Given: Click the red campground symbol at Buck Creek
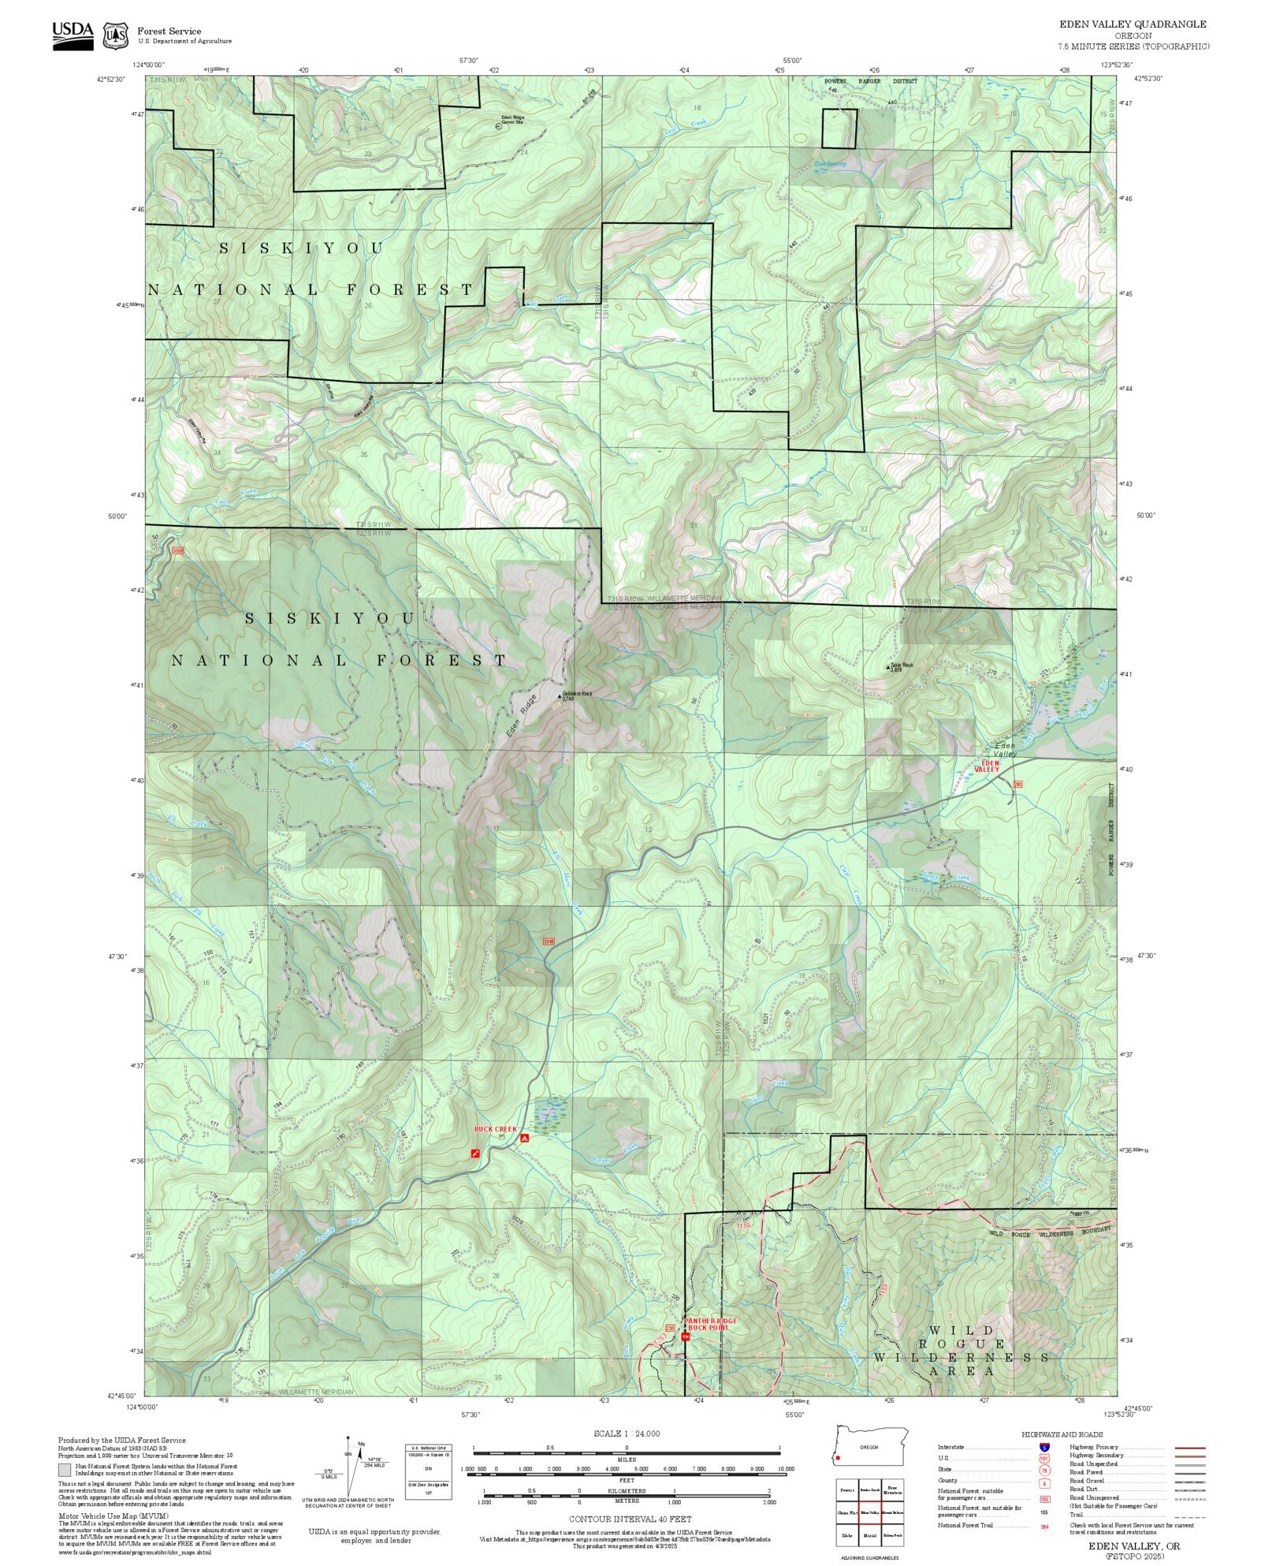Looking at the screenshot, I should [524, 1139].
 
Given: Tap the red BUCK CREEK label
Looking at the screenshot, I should [495, 1129].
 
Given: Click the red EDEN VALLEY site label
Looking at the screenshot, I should [987, 766].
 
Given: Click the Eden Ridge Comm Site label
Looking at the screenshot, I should [512, 120].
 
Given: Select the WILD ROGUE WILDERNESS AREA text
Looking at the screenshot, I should [961, 1357].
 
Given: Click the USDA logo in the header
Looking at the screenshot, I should [73, 35].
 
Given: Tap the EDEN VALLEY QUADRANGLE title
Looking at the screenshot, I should [1132, 24].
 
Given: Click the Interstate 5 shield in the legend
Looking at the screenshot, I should [1044, 1448].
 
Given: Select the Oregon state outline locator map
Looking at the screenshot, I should [871, 1448].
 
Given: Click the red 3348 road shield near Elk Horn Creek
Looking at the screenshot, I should [549, 941].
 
